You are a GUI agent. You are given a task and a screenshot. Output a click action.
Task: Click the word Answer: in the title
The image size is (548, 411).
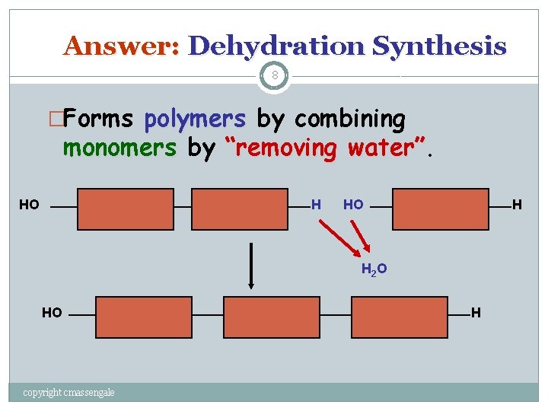pos(121,46)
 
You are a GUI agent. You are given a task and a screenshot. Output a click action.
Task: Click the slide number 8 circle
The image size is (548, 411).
pos(274,76)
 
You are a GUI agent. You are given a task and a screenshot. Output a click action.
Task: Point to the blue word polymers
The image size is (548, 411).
pos(195,119)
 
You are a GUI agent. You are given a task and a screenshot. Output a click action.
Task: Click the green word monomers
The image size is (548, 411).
pos(119,148)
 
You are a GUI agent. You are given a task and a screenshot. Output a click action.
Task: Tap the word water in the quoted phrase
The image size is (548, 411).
pos(379,148)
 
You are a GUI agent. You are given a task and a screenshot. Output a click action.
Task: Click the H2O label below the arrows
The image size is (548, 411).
pos(374,269)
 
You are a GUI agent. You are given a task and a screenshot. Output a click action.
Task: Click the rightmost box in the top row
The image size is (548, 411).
pos(440,209)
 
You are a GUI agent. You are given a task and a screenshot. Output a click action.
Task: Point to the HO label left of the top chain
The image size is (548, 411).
pos(29,205)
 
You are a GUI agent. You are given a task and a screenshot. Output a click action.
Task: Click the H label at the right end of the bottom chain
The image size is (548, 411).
pos(476,312)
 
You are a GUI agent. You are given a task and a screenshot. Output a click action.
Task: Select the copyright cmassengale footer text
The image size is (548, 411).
pos(69,392)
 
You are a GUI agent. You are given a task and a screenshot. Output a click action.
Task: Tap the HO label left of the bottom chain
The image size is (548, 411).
pos(52,313)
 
